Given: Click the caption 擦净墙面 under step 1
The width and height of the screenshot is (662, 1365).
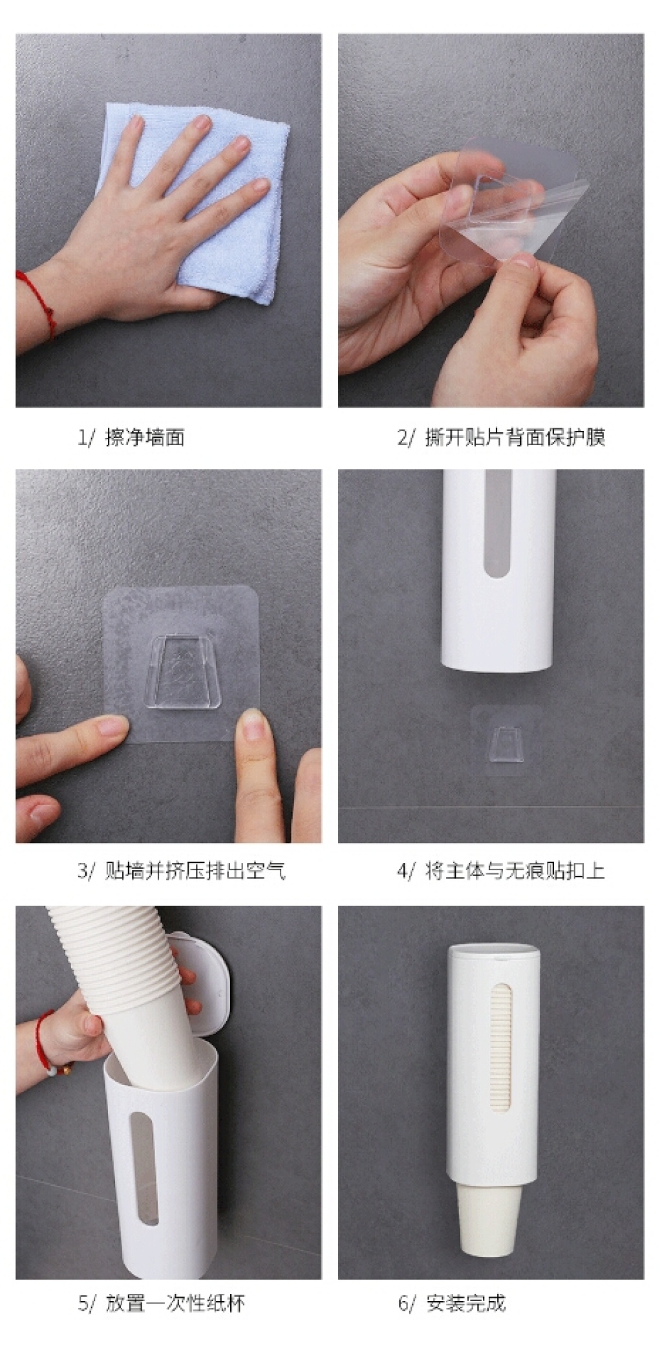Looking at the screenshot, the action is click(145, 438).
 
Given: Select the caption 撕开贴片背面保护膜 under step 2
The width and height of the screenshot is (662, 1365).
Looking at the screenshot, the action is click(515, 438).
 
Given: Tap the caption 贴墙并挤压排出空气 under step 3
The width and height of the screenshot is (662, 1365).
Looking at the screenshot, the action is click(195, 871).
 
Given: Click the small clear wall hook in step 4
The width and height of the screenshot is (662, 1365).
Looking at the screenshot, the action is click(506, 745).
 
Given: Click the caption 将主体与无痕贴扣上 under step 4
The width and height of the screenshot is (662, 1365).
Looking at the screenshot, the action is click(515, 871).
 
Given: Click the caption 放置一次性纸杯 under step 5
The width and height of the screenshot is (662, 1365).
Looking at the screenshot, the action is click(175, 1303).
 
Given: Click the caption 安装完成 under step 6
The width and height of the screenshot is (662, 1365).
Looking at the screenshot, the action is click(465, 1303).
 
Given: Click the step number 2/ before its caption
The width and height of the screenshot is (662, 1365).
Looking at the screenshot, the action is click(407, 438).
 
